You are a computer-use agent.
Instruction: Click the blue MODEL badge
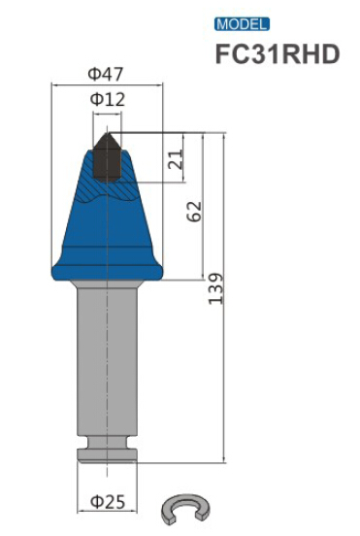pos(242,24)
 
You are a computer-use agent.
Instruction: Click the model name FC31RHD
pos(278,54)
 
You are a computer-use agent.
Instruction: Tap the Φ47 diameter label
pos(105,74)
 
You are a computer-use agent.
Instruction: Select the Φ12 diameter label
pos(108,99)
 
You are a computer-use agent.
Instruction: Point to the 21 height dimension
pos(176,159)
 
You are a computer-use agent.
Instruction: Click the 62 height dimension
pos(195,212)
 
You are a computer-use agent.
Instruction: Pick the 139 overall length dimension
pos(215,288)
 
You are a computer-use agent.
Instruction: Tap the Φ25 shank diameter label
pos(108,502)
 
